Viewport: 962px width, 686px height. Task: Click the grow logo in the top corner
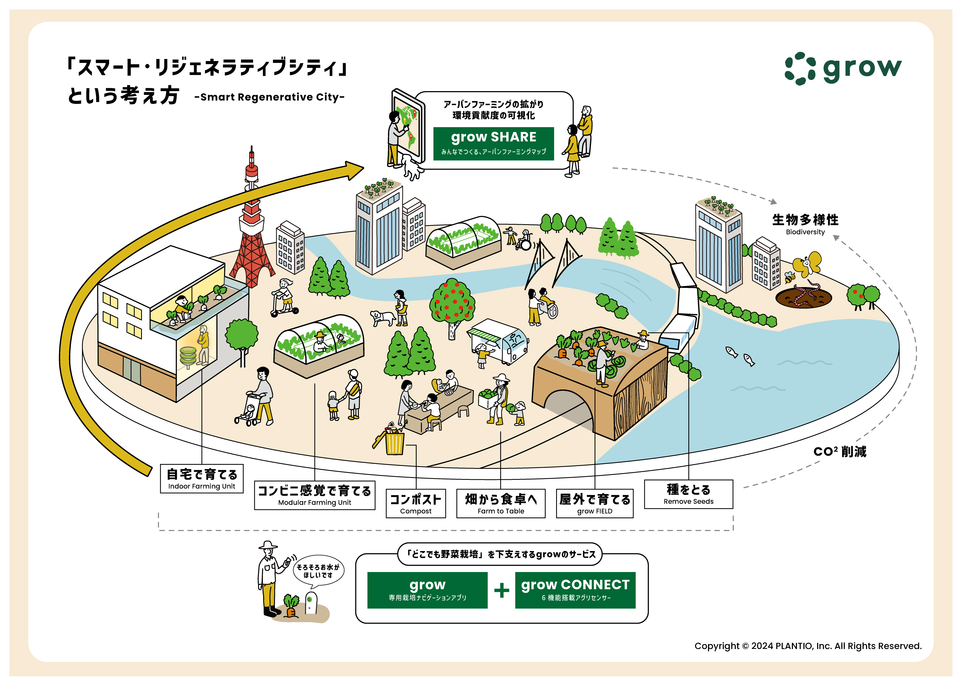pyautogui.click(x=842, y=69)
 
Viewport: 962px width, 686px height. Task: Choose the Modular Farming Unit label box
pyautogui.click(x=314, y=495)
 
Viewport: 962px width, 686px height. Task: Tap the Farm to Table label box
pyautogui.click(x=500, y=503)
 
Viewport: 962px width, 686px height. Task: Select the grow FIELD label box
pyautogui.click(x=594, y=503)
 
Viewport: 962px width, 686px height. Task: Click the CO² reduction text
pyautogui.click(x=839, y=452)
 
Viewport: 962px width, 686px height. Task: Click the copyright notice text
pyautogui.click(x=807, y=646)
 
